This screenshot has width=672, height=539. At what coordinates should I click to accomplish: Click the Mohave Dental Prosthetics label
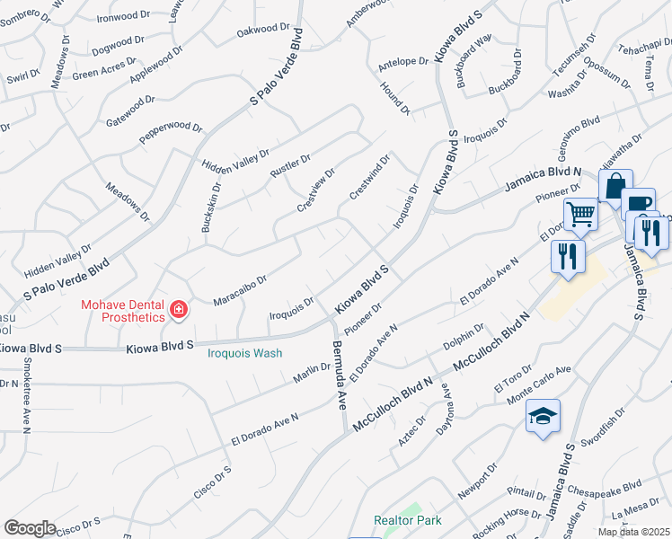pyautogui.click(x=123, y=310)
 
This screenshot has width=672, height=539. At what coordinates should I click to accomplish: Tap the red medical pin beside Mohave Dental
pyautogui.click(x=179, y=310)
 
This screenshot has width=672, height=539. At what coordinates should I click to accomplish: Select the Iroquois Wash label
pyautogui.click(x=244, y=353)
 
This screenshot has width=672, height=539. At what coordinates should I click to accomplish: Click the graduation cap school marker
pyautogui.click(x=543, y=416)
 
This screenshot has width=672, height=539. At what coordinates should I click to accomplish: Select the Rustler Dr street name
pyautogui.click(x=290, y=171)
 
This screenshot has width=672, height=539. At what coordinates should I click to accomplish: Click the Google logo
pyautogui.click(x=30, y=528)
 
